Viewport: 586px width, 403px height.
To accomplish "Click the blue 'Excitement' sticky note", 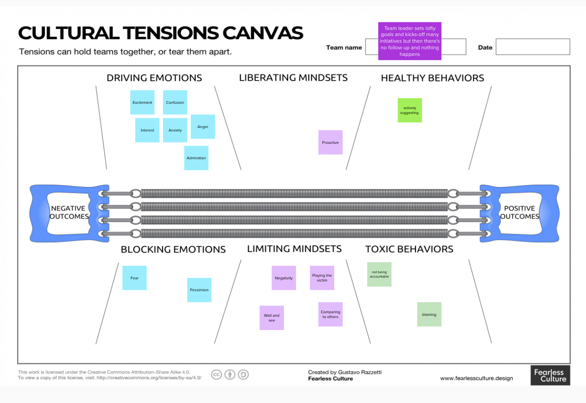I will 142,103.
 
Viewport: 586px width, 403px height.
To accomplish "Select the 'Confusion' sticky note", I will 175,103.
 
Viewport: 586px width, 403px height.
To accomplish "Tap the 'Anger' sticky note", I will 203,127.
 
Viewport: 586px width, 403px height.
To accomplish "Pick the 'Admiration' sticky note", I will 196,158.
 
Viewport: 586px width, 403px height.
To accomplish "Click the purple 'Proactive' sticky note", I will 330,143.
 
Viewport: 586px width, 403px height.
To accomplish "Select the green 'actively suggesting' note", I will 409,110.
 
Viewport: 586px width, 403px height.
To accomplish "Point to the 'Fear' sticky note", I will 134,278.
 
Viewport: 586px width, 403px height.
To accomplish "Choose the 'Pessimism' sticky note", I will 199,290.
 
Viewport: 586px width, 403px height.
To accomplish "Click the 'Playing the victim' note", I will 322,278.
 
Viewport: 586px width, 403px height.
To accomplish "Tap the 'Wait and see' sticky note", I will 271,318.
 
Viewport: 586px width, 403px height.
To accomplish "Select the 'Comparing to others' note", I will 330,314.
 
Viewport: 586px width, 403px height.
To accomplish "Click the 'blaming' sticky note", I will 429,315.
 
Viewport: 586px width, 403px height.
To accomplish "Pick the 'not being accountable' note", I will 379,275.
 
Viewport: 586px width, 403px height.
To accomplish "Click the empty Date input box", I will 532,47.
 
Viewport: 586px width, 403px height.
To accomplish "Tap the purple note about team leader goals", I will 409,41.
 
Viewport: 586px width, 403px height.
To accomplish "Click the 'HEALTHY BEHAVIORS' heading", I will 432,78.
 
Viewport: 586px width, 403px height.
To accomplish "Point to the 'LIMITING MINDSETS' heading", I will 294,249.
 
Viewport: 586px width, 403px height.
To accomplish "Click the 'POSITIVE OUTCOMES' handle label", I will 519,212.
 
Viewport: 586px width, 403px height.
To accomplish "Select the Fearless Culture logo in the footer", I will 550,375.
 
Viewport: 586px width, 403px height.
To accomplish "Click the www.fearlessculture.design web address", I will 476,378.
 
